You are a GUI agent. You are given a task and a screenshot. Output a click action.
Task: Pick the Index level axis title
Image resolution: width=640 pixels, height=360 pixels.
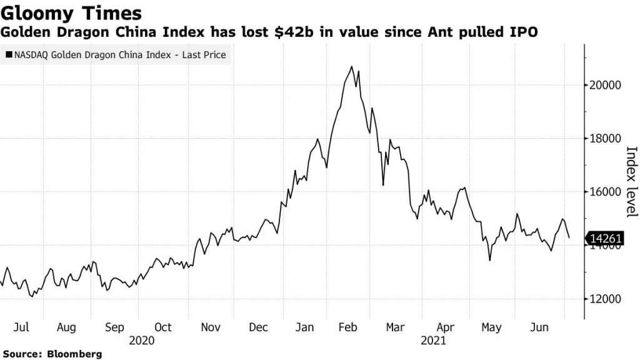click(631, 182)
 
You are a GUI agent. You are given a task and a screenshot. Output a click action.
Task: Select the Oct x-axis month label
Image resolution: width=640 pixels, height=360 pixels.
click(163, 327)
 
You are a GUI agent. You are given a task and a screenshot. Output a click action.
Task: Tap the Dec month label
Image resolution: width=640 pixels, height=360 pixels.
click(258, 327)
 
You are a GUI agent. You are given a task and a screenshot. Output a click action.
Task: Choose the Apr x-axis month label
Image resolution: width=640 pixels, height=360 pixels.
click(445, 327)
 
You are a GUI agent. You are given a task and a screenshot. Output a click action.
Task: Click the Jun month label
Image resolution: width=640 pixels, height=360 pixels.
click(539, 327)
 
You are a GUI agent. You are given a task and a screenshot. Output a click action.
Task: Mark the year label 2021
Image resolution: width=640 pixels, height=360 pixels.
click(433, 341)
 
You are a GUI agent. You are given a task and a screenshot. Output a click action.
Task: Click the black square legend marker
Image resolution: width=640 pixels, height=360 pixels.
click(8, 56)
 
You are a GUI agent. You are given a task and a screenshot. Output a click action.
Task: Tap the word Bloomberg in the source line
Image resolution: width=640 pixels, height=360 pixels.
click(74, 354)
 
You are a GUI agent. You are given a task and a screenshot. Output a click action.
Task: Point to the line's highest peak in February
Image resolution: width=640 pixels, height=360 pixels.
click(352, 66)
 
